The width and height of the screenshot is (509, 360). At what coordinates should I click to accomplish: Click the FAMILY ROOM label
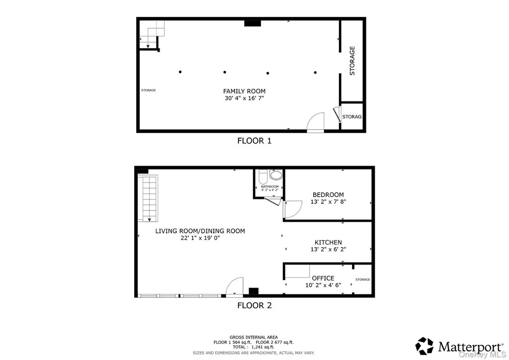(x=244, y=91)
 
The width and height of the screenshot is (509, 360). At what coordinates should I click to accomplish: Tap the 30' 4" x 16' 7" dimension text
(x=244, y=98)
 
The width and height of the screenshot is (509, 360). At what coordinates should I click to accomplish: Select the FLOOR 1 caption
(x=254, y=141)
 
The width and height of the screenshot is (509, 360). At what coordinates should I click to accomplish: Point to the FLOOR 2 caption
(x=254, y=305)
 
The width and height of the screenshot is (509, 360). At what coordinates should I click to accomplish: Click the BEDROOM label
(x=328, y=195)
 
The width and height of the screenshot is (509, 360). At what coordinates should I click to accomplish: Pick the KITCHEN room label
(x=328, y=243)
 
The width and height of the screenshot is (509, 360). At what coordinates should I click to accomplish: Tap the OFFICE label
(x=323, y=278)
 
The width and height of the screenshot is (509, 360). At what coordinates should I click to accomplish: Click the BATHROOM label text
(x=270, y=186)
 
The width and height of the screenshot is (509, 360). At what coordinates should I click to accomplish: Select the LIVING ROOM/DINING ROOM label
(x=200, y=231)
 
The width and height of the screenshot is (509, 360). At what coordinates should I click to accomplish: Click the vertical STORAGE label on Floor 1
(x=352, y=61)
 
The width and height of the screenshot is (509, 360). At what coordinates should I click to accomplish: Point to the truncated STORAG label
(x=352, y=116)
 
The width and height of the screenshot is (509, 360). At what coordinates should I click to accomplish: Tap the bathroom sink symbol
(x=276, y=176)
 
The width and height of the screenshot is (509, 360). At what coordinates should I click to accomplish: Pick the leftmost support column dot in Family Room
(x=180, y=72)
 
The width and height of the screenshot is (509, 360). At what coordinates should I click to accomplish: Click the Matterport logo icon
(x=424, y=346)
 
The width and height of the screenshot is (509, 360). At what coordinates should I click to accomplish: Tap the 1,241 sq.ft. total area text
(x=262, y=347)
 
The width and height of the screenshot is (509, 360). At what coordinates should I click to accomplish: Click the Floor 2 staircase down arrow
(x=149, y=220)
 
